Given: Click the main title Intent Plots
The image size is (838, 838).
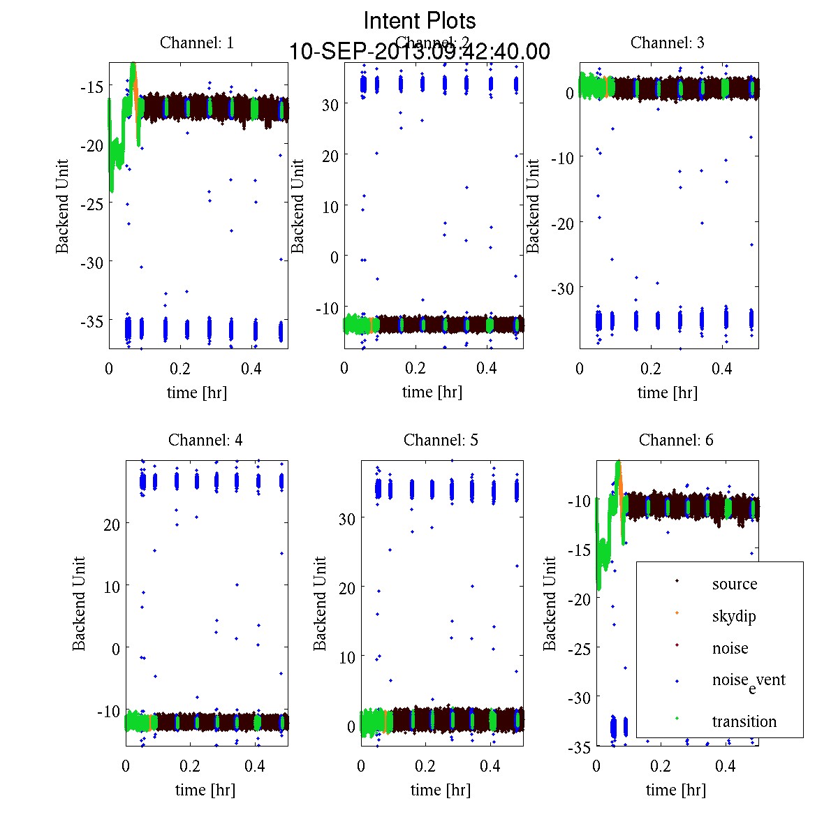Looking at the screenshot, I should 420,20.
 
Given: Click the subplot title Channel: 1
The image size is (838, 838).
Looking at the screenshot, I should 197,43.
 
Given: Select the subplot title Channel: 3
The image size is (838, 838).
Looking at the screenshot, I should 668,43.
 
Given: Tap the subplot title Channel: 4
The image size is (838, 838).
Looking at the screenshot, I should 205,440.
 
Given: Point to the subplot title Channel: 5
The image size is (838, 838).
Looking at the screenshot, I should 441,440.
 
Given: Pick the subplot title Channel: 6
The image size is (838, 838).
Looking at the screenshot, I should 676,440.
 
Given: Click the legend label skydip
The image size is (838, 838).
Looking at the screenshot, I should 734,616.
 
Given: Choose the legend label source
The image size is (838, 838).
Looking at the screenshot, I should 735,584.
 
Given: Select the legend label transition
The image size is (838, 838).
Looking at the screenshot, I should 744,721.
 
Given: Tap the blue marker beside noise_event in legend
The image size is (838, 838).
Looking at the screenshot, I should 677,681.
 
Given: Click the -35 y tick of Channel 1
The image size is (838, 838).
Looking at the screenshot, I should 92,321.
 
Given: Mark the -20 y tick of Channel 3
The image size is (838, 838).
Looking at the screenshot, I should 563,223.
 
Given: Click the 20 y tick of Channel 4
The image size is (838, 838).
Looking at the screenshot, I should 112,524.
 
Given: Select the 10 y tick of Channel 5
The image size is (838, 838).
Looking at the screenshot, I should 347,657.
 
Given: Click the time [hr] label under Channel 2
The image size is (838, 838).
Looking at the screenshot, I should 432,392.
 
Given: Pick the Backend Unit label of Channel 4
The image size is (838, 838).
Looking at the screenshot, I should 79,604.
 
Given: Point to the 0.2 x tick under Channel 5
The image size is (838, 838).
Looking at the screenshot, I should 425,766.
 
